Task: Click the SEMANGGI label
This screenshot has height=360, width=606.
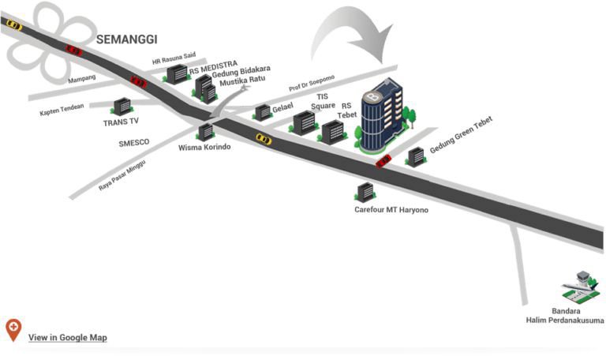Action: (x=127, y=38)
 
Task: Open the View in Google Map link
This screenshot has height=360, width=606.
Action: (x=67, y=337)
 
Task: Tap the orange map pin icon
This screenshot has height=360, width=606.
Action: (x=13, y=329)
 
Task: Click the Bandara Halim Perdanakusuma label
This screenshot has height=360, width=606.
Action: (x=565, y=316)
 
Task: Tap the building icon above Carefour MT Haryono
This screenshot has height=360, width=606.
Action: (x=365, y=192)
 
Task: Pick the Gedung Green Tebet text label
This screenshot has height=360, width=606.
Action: (x=466, y=142)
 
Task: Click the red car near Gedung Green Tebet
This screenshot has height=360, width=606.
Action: (x=383, y=161)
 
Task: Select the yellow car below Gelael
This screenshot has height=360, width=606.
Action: (x=264, y=139)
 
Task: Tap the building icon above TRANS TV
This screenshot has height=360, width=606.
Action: (x=122, y=107)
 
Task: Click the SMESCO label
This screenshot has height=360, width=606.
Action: (x=133, y=143)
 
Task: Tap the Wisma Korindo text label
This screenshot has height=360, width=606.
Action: (x=204, y=147)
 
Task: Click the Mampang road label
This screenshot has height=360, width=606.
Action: (x=81, y=80)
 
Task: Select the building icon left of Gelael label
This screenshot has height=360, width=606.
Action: (x=263, y=112)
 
